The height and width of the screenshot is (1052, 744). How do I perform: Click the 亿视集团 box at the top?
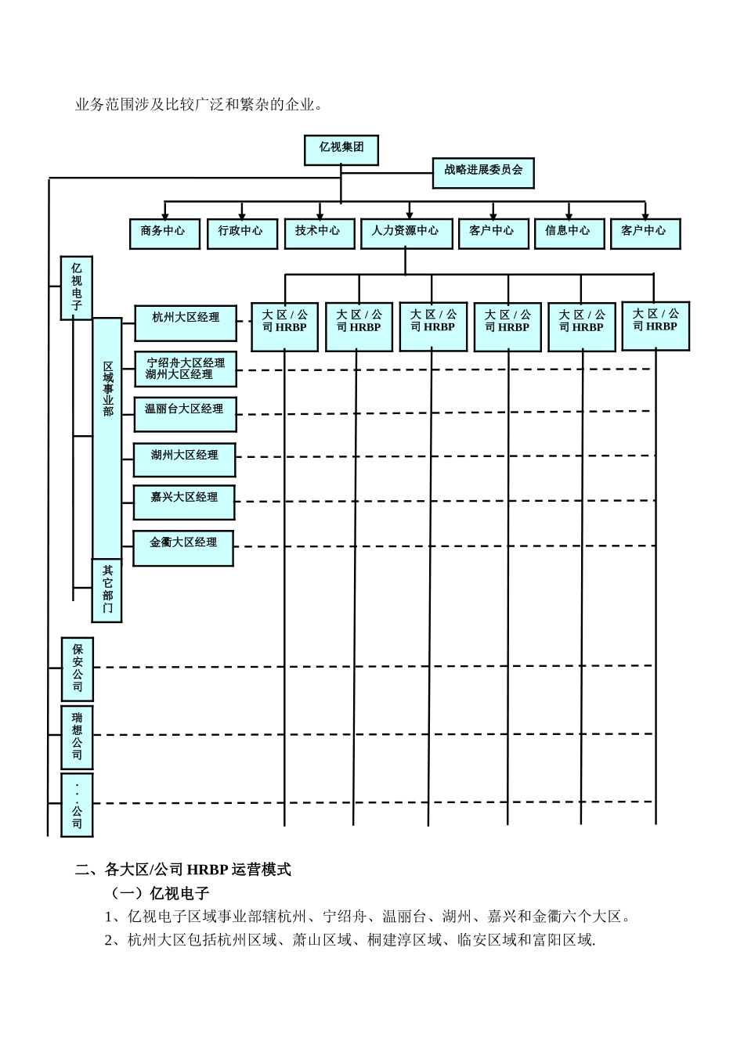click(x=341, y=150)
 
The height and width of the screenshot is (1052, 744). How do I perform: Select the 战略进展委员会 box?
click(x=483, y=172)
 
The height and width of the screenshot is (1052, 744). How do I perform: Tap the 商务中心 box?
click(x=164, y=233)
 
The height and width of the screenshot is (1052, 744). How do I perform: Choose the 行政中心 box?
click(x=241, y=233)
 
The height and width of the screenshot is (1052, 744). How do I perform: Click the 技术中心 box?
click(x=318, y=233)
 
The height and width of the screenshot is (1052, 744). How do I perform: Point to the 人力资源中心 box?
click(x=406, y=233)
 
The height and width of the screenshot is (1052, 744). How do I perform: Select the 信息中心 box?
click(x=569, y=233)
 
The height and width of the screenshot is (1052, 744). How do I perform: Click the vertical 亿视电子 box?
click(x=77, y=287)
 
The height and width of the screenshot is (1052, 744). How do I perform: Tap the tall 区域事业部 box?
click(x=107, y=438)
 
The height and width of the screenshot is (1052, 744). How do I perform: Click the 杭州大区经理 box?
click(x=186, y=322)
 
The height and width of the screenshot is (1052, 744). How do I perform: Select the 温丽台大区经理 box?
click(x=186, y=413)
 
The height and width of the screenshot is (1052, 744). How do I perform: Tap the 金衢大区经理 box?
click(x=183, y=547)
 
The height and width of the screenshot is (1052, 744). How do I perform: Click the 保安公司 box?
click(x=77, y=668)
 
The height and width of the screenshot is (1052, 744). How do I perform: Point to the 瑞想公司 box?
click(x=77, y=737)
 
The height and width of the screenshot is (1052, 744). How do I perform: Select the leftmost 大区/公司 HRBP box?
click(x=285, y=326)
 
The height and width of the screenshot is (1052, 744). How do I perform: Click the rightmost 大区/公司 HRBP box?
click(x=656, y=325)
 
